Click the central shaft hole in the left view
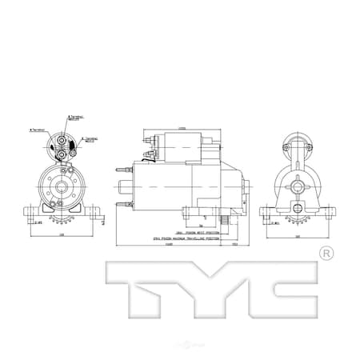59,187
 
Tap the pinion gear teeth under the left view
60,218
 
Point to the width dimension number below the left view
61,236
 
